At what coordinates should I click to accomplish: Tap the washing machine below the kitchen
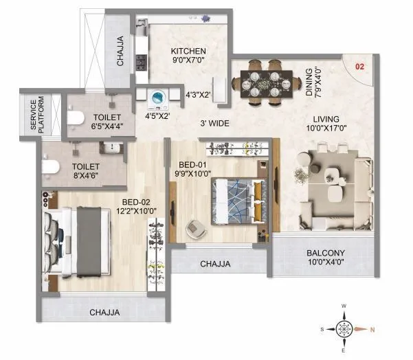(x=159, y=100)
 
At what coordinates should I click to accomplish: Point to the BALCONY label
(x=326, y=253)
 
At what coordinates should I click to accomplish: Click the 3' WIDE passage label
(x=214, y=124)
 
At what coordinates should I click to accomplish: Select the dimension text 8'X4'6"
(x=87, y=175)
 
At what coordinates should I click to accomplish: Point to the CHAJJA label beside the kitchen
(x=120, y=50)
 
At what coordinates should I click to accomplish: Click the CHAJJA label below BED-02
(x=104, y=313)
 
